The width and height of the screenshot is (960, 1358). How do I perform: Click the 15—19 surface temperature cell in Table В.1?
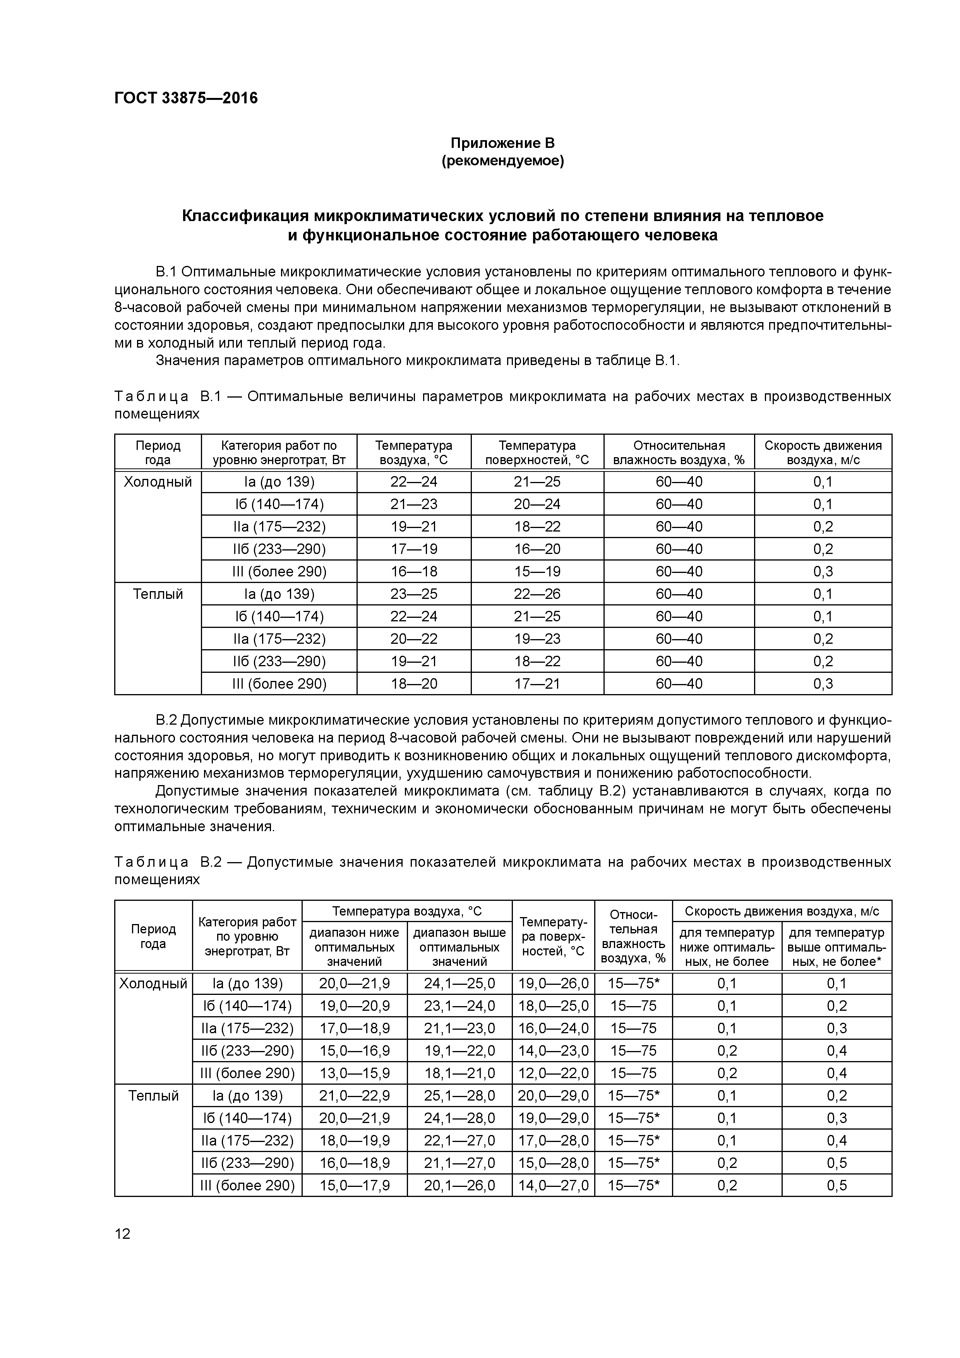tap(537, 571)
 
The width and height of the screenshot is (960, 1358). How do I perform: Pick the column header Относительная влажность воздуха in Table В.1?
tap(679, 453)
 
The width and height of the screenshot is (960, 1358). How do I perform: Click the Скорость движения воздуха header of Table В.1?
tap(822, 453)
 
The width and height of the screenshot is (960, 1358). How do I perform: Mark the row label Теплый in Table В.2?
tap(153, 1096)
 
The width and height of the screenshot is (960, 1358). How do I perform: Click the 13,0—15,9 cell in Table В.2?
tap(354, 1073)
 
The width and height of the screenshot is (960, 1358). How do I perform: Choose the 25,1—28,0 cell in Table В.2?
tap(459, 1096)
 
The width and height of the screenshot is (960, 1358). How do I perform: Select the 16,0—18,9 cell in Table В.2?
tap(354, 1163)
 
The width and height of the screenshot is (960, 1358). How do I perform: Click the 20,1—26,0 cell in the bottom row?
tap(459, 1186)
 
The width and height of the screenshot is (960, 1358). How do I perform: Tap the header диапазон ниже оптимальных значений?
tap(354, 947)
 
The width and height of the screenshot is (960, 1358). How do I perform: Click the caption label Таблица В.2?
tap(167, 862)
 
